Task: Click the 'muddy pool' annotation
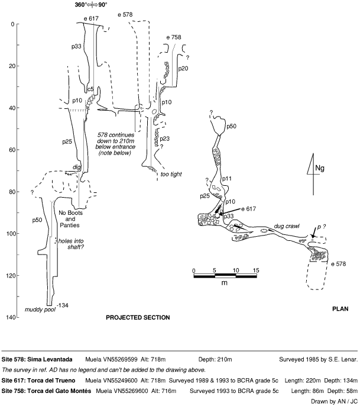tap(38, 310)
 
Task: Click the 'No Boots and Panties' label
tap(73, 219)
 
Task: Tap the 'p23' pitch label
tap(165, 139)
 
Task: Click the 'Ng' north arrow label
tap(319, 169)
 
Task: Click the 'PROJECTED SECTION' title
tap(138, 318)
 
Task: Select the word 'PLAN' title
tap(340, 308)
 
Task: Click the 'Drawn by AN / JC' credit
tap(334, 400)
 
